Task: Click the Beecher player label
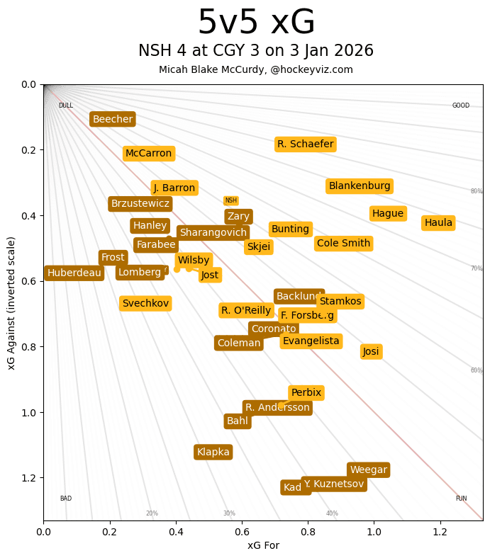[113, 119]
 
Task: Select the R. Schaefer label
[305, 144]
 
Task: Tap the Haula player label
[438, 223]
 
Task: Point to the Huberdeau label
[74, 273]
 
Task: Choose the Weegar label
[368, 469]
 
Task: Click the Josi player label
[371, 351]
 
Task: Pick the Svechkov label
[145, 303]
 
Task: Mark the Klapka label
[213, 452]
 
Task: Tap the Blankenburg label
[360, 186]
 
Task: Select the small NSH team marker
[230, 200]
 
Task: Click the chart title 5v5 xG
[256, 23]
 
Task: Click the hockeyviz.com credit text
[312, 69]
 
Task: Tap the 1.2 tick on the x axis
[440, 530]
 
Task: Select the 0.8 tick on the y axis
[28, 347]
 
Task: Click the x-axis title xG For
[263, 545]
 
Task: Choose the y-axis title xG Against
[11, 302]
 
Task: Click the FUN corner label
[461, 499]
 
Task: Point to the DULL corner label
[65, 106]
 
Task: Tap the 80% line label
[477, 191]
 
